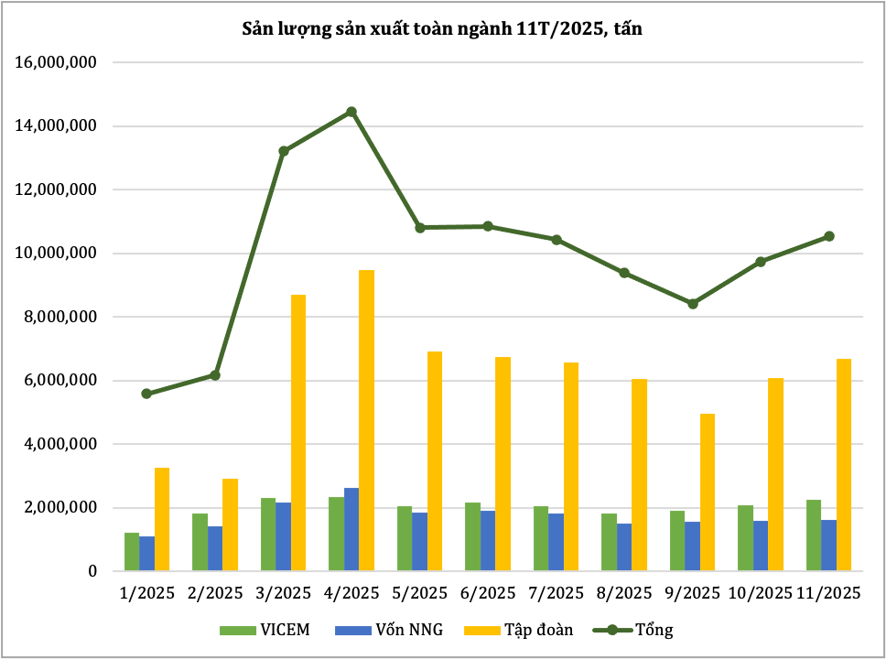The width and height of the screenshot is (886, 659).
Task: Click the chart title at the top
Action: tap(442, 29)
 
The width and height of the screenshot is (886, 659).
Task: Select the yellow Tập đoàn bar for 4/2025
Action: tap(366, 421)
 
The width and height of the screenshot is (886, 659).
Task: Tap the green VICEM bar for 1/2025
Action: tap(132, 552)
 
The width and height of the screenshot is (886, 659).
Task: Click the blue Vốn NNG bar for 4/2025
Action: tap(351, 530)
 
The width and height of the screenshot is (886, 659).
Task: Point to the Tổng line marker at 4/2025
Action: tap(351, 113)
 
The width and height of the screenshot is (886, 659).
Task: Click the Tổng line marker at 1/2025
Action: tap(146, 394)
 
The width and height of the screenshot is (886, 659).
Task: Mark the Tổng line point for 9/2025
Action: tap(693, 304)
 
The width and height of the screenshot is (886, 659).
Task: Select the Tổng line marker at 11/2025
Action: tap(829, 236)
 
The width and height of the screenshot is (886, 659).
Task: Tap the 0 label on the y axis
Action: tap(92, 572)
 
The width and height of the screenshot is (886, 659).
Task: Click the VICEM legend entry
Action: tap(265, 630)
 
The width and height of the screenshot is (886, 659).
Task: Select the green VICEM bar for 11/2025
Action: tap(813, 535)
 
